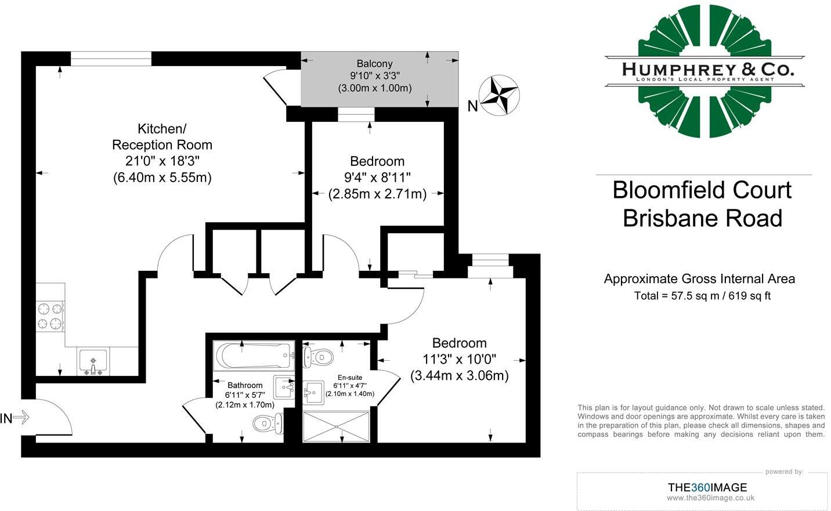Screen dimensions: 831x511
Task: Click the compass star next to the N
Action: tap(499, 95)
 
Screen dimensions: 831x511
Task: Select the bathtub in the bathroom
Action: tap(254, 355)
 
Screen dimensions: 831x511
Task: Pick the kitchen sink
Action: tap(93, 361)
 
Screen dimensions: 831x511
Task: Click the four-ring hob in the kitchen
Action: tap(50, 316)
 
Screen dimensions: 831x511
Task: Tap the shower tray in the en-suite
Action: tap(336, 426)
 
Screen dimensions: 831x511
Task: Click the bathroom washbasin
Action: tap(284, 387)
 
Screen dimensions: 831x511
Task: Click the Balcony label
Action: tap(374, 64)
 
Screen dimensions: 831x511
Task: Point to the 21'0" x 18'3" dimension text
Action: tap(162, 161)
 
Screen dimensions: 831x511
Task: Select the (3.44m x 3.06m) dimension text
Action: tap(459, 376)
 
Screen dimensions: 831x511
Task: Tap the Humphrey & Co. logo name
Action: tap(708, 70)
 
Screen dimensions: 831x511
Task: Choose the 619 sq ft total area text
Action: tap(750, 296)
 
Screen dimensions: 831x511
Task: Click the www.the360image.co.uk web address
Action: tap(710, 498)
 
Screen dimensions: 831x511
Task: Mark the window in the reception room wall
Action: tap(111, 59)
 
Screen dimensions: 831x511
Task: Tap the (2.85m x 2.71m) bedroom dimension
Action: tap(377, 194)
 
